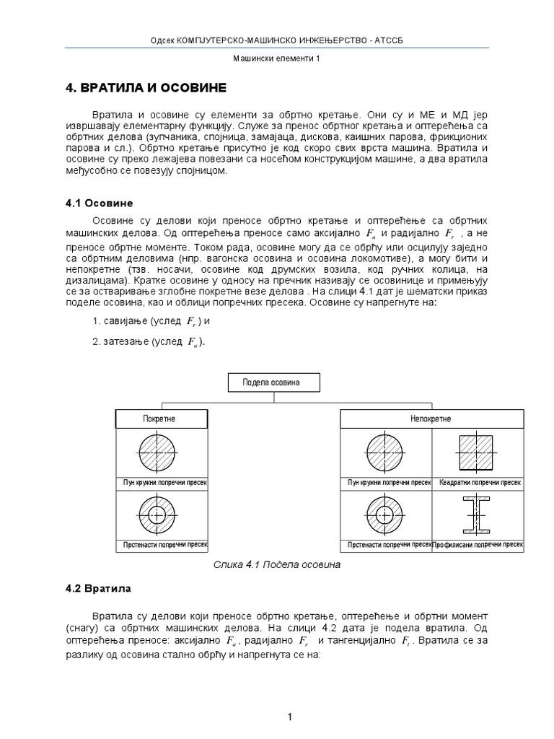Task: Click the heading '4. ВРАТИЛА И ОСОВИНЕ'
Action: coord(146,88)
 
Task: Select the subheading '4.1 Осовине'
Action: coord(100,204)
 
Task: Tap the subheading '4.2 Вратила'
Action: coord(98,588)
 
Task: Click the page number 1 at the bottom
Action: coord(289,696)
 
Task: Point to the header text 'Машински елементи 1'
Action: coord(277,61)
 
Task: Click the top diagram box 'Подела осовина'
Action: coord(273,382)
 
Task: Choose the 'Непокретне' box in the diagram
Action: coord(431,419)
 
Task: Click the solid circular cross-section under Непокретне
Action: coord(385,453)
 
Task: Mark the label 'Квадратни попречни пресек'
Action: coord(479,482)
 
